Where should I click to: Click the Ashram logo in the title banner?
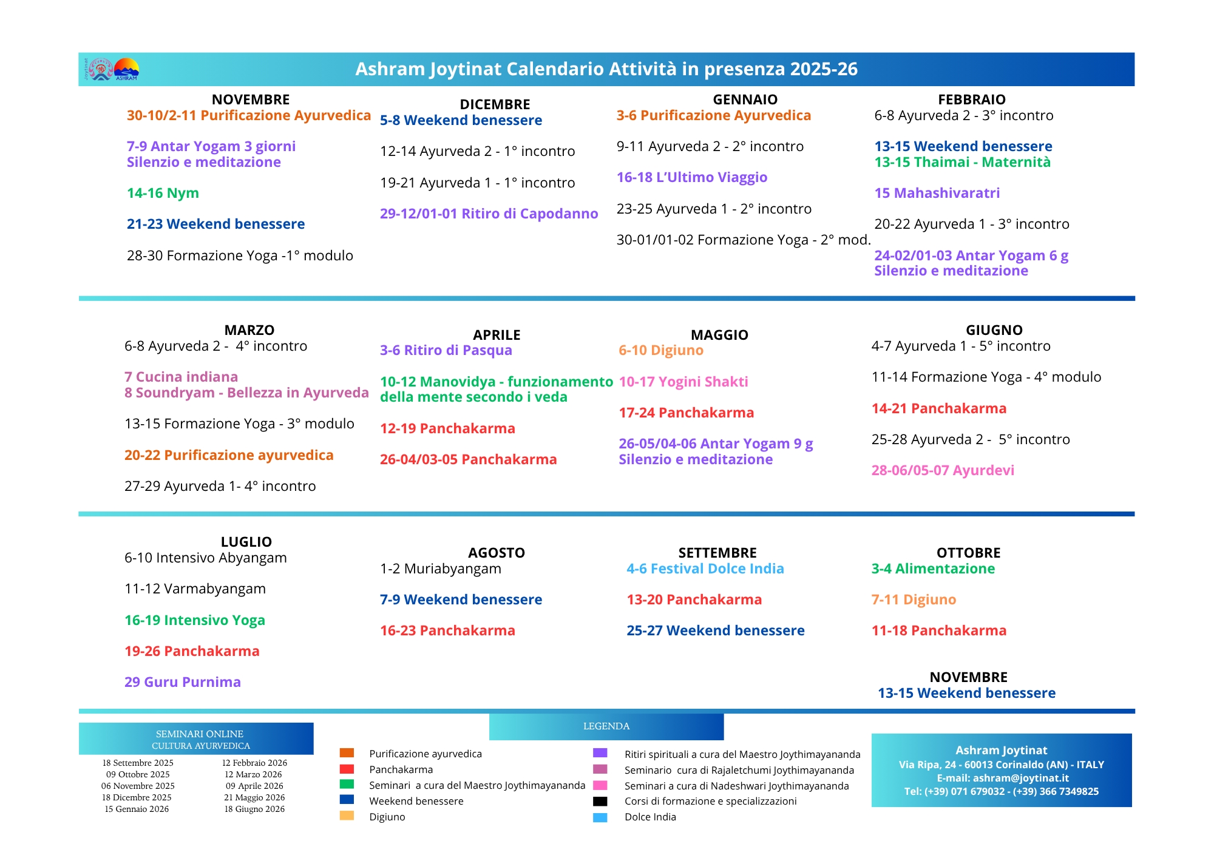point(114,69)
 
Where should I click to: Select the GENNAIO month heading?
point(745,100)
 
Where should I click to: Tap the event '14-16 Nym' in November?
point(163,193)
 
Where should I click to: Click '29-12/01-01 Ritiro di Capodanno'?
point(489,214)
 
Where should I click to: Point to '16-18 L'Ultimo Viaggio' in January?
point(691,177)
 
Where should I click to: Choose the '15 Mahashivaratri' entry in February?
point(937,193)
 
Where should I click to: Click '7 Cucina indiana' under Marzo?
point(181,377)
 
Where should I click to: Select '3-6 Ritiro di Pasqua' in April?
point(446,350)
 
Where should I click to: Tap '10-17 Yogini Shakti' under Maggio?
point(683,382)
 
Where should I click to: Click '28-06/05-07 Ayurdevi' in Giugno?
point(942,470)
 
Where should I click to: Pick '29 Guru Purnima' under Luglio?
point(182,682)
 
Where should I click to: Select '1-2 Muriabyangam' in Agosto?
point(440,569)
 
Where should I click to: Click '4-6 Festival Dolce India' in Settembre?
point(705,569)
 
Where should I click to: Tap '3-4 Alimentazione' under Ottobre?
point(933,569)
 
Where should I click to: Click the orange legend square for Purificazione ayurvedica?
point(347,753)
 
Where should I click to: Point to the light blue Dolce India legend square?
point(600,817)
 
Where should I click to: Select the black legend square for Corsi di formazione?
point(600,801)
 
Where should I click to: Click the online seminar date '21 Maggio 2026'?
point(254,797)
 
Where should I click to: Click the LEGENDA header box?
point(606,726)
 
